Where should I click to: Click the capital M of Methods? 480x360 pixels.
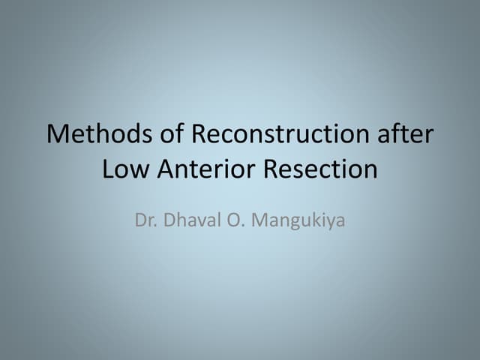[57, 135]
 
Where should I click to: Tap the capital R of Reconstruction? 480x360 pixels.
[199, 135]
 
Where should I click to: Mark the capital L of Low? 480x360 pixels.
[107, 169]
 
